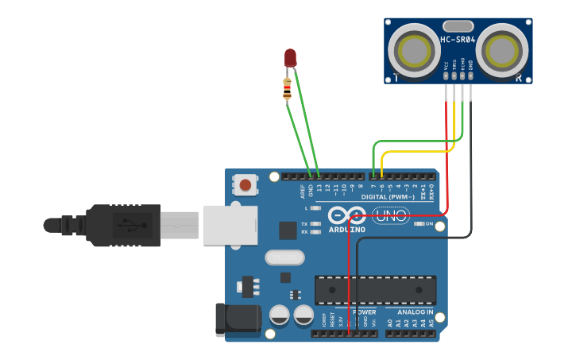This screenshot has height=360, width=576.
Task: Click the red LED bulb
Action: (x=290, y=57)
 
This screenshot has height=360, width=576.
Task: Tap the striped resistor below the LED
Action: (x=287, y=88)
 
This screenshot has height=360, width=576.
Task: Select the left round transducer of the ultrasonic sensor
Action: (x=415, y=50)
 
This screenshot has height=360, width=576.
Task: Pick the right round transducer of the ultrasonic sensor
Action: (x=502, y=50)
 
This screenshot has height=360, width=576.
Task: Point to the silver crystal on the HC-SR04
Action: (x=458, y=26)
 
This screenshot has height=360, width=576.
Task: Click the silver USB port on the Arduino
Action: (x=230, y=224)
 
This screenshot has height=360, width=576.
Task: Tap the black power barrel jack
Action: (x=238, y=318)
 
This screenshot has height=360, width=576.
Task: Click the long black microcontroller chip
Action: (x=375, y=290)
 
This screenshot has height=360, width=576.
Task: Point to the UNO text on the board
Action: (x=390, y=215)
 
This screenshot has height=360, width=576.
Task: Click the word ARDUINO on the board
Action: (x=347, y=230)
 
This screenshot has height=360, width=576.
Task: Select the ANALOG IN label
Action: (x=416, y=312)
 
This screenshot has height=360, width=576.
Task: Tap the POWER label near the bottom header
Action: (x=364, y=312)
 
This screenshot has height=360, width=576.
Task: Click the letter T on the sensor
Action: (x=395, y=78)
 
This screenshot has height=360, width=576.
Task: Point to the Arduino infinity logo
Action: (x=347, y=215)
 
